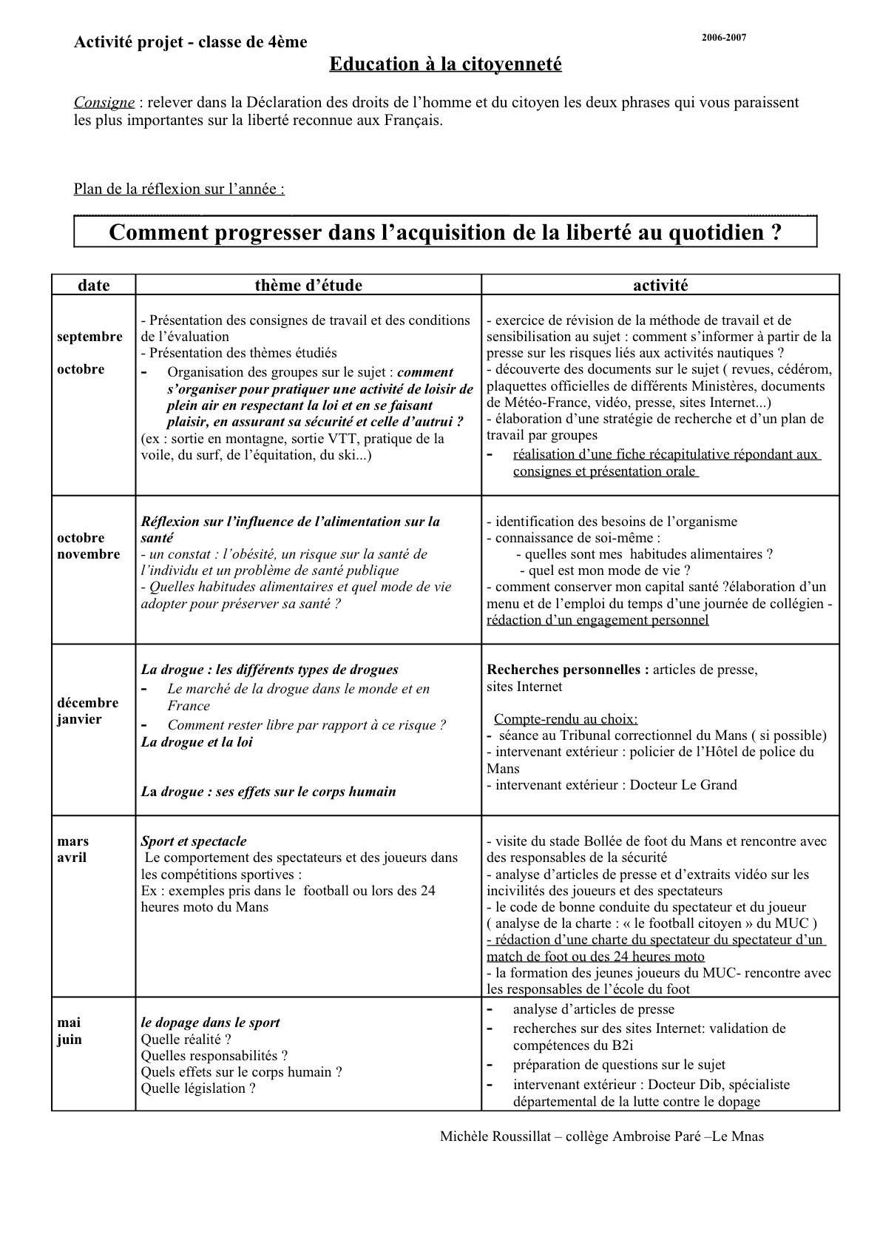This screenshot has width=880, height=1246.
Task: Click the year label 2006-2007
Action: pyautogui.click(x=724, y=37)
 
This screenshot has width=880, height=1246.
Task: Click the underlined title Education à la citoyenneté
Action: pyautogui.click(x=445, y=64)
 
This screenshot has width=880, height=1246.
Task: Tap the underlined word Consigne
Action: pyautogui.click(x=104, y=102)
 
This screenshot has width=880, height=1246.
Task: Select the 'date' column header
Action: pyautogui.click(x=93, y=286)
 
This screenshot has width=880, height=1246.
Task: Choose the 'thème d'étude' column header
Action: pyautogui.click(x=308, y=286)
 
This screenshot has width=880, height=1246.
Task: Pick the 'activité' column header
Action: pyautogui.click(x=660, y=286)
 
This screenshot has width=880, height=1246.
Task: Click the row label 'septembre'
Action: pyautogui.click(x=89, y=337)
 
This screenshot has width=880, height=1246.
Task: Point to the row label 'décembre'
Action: pyautogui.click(x=87, y=703)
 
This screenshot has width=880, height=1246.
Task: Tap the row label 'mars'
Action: pyautogui.click(x=72, y=841)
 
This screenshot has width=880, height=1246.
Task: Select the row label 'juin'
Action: pyautogui.click(x=70, y=1040)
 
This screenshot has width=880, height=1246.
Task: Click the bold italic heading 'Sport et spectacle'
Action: pyautogui.click(x=194, y=841)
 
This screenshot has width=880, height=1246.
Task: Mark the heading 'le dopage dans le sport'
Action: pyautogui.click(x=211, y=1023)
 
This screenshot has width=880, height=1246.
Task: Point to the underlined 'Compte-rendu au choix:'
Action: pyautogui.click(x=566, y=719)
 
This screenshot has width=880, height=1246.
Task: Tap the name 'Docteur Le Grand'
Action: pyautogui.click(x=683, y=785)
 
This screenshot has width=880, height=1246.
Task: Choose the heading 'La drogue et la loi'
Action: pyautogui.click(x=197, y=742)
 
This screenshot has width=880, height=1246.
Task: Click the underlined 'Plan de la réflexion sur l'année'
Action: pyautogui.click(x=179, y=189)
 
